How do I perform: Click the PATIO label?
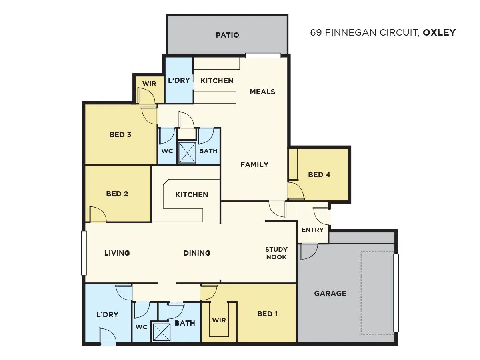coord(227,35)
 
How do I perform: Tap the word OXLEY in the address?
coord(439,32)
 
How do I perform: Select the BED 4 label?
coord(319,175)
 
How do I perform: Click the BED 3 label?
coord(120,135)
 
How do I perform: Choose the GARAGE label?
coord(330,293)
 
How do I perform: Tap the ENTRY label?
coord(312,230)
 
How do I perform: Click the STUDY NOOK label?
coord(276,253)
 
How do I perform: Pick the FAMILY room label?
coord(254,164)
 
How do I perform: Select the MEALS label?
coord(262,92)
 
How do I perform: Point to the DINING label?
coord(197,253)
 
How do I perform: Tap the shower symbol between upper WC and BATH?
coord(187,152)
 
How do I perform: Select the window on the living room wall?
coord(84,253)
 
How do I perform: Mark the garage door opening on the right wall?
coord(396,293)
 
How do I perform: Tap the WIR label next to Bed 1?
coord(219,320)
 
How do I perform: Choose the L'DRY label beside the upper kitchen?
coord(179,80)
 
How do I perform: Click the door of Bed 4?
coord(296,191)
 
